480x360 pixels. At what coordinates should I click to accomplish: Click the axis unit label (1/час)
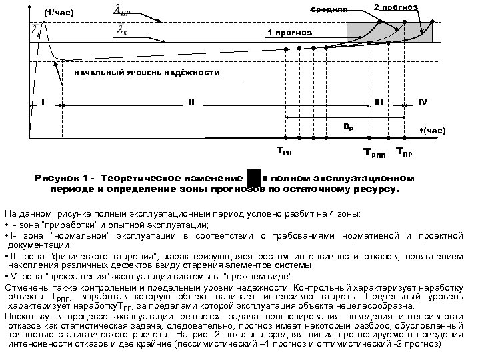pyautogui.click(x=58, y=13)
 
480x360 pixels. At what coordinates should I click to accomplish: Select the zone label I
pyautogui.click(x=42, y=102)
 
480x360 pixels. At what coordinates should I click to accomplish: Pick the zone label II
pyautogui.click(x=191, y=102)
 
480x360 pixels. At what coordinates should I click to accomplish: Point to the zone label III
pyautogui.click(x=378, y=102)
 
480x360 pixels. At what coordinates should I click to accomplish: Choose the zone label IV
pyautogui.click(x=423, y=101)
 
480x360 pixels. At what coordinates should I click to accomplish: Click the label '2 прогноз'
pyautogui.click(x=395, y=7)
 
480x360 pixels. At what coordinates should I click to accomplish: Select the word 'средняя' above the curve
pyautogui.click(x=329, y=11)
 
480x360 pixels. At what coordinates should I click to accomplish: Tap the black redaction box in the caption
pyautogui.click(x=253, y=179)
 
